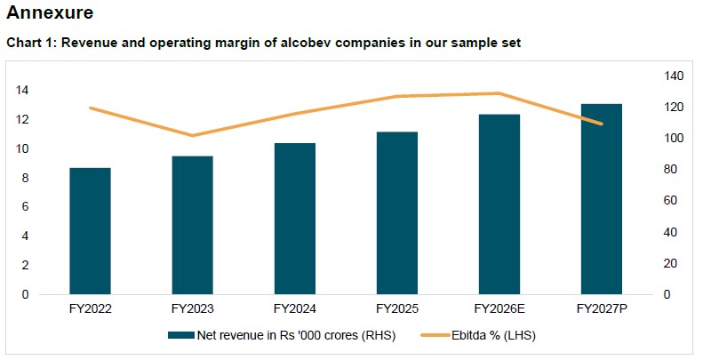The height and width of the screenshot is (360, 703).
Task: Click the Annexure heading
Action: [x=50, y=13]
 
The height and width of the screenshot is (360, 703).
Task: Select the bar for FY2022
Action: [x=90, y=231]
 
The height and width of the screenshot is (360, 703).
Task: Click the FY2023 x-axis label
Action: [x=192, y=309]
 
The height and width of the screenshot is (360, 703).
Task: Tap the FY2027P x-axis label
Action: [x=601, y=309]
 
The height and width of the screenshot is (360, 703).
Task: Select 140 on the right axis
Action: [x=671, y=76]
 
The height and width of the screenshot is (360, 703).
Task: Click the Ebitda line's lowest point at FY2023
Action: [x=192, y=136]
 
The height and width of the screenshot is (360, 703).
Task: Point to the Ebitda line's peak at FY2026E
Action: [x=499, y=93]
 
